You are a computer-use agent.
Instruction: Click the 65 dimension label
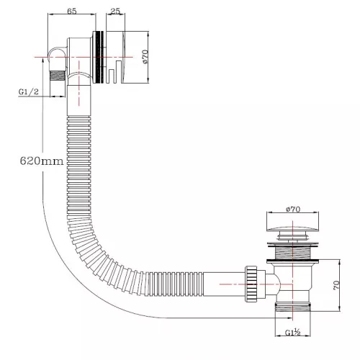tap(72, 11)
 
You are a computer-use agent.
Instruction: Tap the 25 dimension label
tap(115, 11)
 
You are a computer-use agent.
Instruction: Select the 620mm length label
tap(42, 161)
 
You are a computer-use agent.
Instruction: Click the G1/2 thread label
tap(29, 92)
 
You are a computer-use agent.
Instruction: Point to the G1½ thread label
tap(293, 333)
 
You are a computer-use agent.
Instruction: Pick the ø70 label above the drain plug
tap(293, 210)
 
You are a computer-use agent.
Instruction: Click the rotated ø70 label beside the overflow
tap(145, 57)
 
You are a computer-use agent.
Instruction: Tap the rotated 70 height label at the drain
tap(336, 285)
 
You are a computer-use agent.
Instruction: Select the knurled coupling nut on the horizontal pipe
tap(251, 284)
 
